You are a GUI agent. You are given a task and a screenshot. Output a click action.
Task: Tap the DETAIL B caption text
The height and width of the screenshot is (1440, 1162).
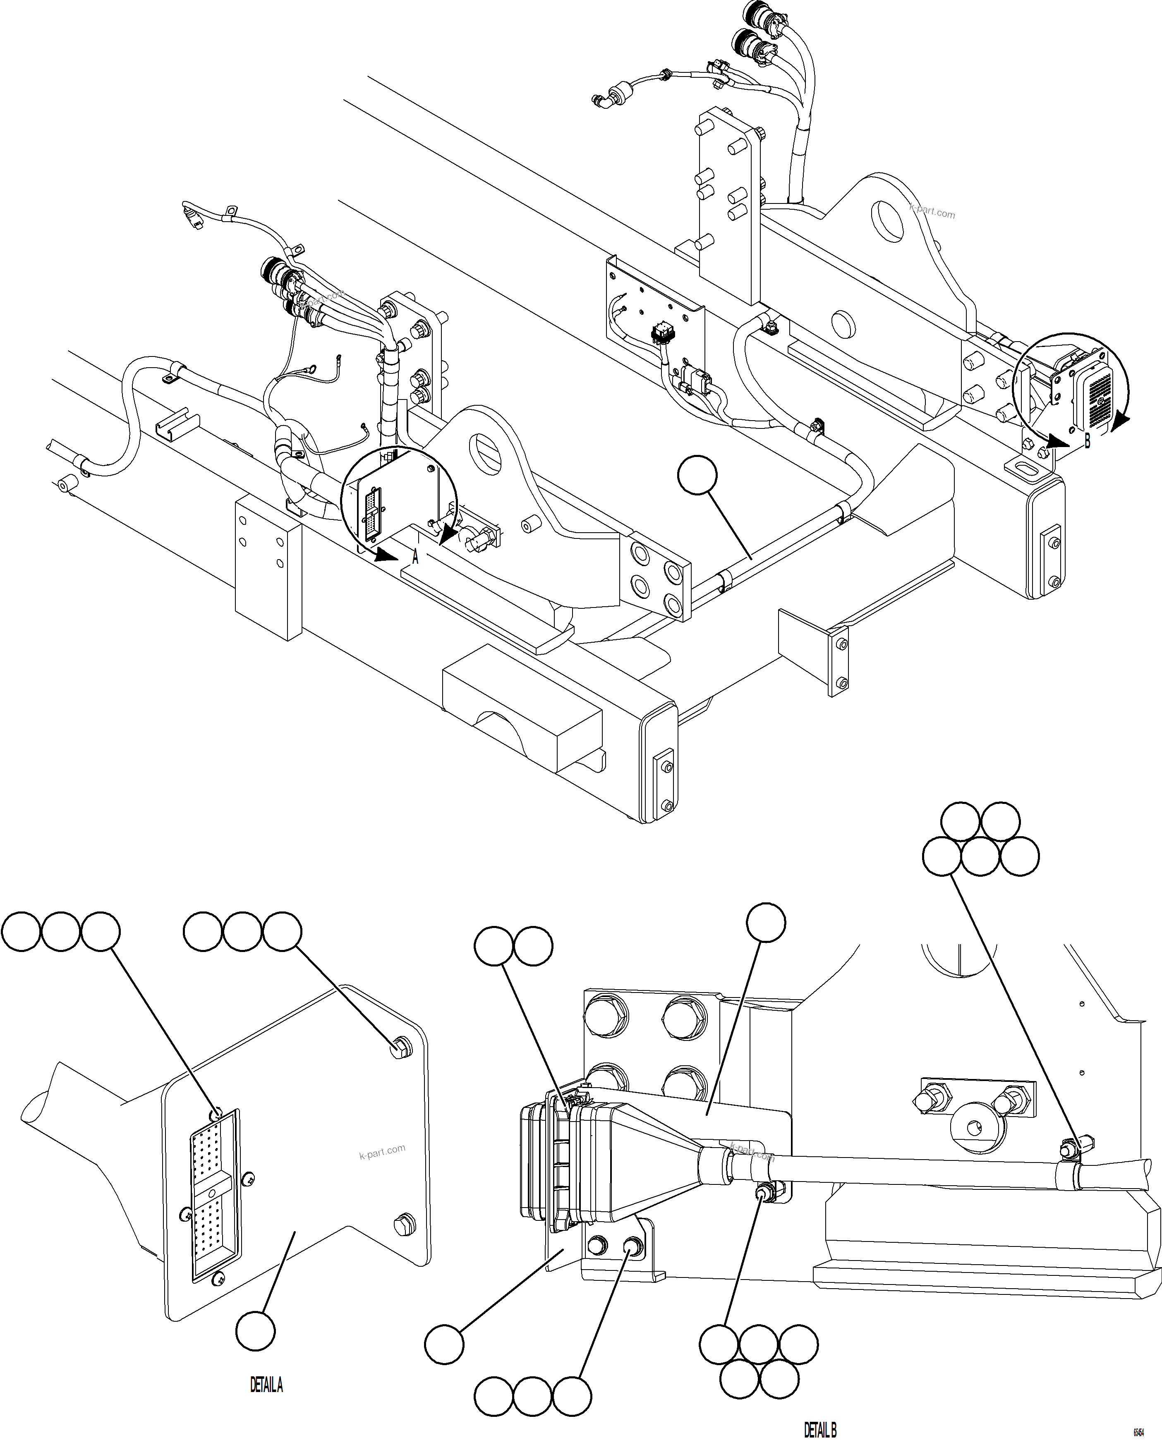[820, 1430]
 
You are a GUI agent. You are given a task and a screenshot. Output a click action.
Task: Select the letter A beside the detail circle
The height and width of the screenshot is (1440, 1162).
[415, 557]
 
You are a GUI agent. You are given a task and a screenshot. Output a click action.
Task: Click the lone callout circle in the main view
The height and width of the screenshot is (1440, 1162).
[697, 476]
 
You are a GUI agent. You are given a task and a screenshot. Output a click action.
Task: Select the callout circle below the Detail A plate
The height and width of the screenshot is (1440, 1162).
[256, 1331]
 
